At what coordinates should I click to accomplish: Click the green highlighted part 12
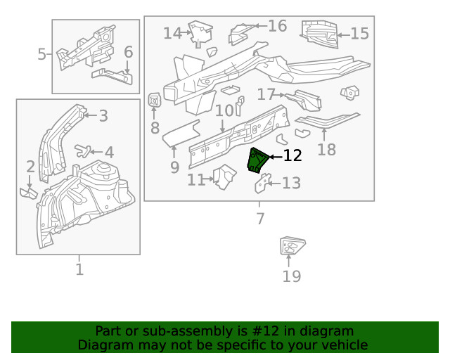(257, 160)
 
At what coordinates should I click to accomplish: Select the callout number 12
(292, 156)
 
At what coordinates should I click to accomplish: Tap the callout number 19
(291, 276)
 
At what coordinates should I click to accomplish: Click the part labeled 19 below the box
(289, 247)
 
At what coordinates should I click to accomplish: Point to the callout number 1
(79, 269)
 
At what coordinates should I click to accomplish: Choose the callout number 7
(259, 219)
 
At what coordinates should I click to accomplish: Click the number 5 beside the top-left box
(42, 54)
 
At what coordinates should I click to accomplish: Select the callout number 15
(359, 34)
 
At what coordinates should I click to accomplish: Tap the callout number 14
(172, 33)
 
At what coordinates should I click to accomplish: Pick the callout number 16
(277, 26)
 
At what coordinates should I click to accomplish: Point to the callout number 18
(326, 149)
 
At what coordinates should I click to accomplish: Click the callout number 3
(103, 116)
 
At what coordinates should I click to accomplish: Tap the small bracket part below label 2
(29, 193)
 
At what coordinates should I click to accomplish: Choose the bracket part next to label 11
(225, 176)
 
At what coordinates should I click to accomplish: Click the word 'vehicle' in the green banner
(344, 345)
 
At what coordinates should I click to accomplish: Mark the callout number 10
(224, 111)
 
